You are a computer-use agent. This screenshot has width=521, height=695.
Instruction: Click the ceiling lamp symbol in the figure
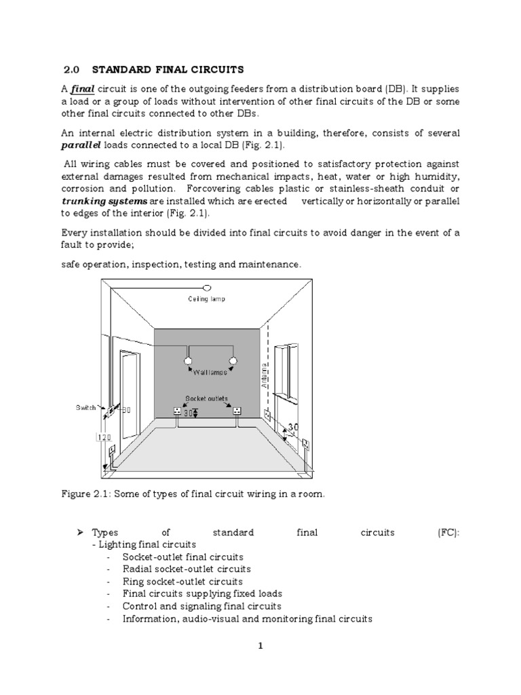pyautogui.click(x=208, y=288)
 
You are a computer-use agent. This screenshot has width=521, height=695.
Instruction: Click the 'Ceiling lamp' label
pyautogui.click(x=207, y=299)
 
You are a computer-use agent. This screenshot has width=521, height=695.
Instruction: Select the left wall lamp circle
pyautogui.click(x=190, y=360)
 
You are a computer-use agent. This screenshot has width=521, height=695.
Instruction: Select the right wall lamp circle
pyautogui.click(x=233, y=360)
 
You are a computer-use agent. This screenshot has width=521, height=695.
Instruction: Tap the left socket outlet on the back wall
pyautogui.click(x=178, y=411)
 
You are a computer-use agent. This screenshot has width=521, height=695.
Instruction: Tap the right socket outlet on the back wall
pyautogui.click(x=237, y=411)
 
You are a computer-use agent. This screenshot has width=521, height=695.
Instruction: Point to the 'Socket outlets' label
pyautogui.click(x=207, y=398)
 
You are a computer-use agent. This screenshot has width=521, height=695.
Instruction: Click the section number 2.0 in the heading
pyautogui.click(x=72, y=70)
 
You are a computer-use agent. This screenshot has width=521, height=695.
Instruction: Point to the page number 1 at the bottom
pyautogui.click(x=260, y=646)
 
